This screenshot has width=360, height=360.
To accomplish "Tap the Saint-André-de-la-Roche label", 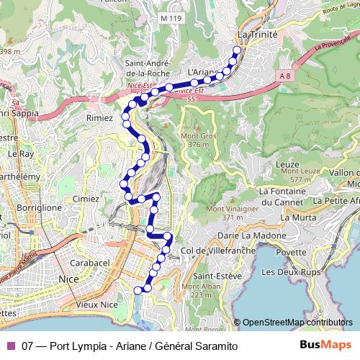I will coord(148,67).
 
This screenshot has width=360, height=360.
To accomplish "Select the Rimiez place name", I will coord(99,117).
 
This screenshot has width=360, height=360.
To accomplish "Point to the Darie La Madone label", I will coord(248,235).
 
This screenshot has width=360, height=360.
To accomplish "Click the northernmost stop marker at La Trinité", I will coord(237,50).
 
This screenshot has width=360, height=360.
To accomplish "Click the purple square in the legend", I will coord(11,346).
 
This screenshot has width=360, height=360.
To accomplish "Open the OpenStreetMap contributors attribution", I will coord(297,323).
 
